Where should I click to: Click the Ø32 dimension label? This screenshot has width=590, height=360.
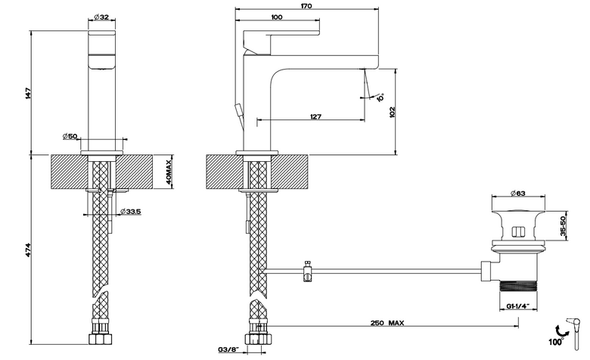(x=101, y=17)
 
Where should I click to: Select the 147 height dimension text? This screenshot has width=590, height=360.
(x=27, y=93)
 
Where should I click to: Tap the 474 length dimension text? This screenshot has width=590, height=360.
(x=27, y=250)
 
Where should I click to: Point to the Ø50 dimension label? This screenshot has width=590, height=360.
(x=70, y=136)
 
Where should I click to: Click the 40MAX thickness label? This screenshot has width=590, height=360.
(x=169, y=171)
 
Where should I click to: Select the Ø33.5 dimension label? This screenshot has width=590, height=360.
(x=131, y=212)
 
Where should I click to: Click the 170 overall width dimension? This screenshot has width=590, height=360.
(x=306, y=6)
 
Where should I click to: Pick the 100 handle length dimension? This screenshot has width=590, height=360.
(x=277, y=17)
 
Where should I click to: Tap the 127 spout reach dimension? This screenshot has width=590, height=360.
(x=315, y=116)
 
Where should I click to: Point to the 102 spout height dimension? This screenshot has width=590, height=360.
(x=393, y=112)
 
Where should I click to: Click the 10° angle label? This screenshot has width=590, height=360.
(x=380, y=98)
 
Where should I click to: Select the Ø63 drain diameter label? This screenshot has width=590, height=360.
(x=517, y=194)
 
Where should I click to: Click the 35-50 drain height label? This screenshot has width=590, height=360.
(x=564, y=225)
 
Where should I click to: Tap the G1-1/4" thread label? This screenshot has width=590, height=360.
(x=518, y=306)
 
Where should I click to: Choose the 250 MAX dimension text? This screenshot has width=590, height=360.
(x=387, y=323)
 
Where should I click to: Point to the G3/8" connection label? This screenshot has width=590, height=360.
(x=228, y=349)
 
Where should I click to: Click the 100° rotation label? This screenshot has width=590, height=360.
(x=556, y=342)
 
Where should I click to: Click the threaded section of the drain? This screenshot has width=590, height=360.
(x=518, y=286)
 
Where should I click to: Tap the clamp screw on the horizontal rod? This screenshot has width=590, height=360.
(x=308, y=271)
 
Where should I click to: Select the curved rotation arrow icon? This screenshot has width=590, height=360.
(x=561, y=329)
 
